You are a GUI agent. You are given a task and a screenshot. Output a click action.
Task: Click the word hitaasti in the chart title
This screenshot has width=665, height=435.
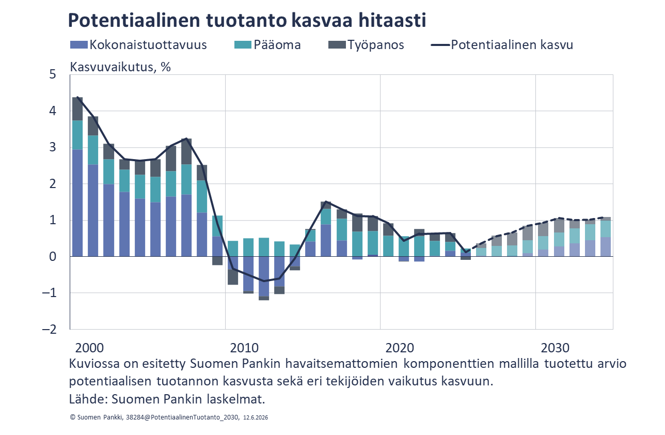(x=392, y=20)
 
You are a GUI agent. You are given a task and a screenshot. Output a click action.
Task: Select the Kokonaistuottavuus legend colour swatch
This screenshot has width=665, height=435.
(x=79, y=45)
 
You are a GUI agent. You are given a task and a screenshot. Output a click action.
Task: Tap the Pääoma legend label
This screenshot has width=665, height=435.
(x=277, y=45)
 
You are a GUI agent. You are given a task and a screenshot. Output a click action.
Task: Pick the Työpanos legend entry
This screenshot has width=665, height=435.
(x=366, y=45)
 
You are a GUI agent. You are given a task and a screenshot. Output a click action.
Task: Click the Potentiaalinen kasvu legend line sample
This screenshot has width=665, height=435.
(x=440, y=45)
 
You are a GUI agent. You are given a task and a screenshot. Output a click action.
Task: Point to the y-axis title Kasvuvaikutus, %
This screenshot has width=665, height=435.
(x=120, y=67)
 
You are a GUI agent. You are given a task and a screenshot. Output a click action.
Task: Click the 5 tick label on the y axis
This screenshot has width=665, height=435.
(x=53, y=74)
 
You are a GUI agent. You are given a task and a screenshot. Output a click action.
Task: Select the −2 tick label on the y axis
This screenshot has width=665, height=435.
(x=49, y=329)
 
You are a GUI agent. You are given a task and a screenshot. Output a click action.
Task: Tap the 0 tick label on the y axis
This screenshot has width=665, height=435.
(x=53, y=256)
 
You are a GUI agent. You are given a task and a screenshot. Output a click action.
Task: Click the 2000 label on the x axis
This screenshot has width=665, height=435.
(x=89, y=348)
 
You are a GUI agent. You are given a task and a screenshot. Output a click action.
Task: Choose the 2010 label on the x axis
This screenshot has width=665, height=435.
(x=244, y=348)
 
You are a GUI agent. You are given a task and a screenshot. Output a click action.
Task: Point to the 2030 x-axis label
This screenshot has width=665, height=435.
(x=555, y=348)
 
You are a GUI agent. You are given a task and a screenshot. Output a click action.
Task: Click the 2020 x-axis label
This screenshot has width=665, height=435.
(x=400, y=348)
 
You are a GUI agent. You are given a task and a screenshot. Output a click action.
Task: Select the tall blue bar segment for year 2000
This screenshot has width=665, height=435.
(x=77, y=203)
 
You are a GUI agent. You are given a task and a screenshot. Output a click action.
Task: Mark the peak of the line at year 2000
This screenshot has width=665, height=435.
(x=77, y=97)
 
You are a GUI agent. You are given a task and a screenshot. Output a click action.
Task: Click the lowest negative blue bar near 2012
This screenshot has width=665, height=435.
(x=264, y=276)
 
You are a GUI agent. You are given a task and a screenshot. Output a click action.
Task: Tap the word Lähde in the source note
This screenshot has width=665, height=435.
(x=88, y=399)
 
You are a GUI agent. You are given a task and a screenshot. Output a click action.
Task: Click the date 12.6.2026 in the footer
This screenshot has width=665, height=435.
(x=256, y=417)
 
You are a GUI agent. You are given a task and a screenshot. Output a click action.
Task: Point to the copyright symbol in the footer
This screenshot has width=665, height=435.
(x=72, y=417)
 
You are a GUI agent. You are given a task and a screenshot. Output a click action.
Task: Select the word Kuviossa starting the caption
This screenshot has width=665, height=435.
(x=94, y=364)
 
